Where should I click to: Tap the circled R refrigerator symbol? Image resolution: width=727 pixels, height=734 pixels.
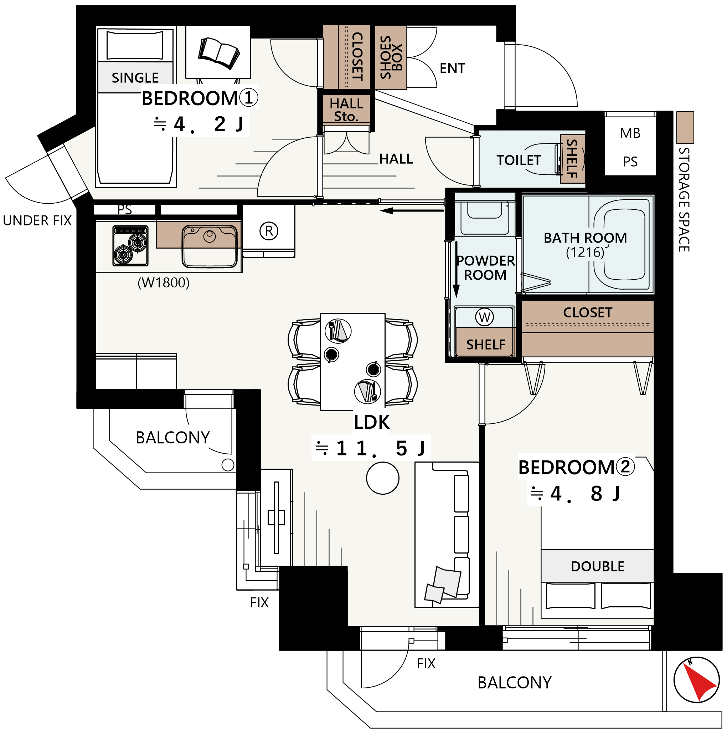click(x=269, y=231)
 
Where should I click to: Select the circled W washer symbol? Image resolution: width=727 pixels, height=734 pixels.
click(x=484, y=317)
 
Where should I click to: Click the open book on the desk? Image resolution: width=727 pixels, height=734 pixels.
click(x=219, y=53)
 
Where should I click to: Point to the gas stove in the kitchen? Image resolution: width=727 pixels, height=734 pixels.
click(x=130, y=246)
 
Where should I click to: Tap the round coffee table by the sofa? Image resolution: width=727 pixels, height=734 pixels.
click(x=383, y=478)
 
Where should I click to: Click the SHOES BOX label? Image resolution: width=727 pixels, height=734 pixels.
click(x=391, y=57)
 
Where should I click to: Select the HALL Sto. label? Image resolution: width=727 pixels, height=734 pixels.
click(x=346, y=110)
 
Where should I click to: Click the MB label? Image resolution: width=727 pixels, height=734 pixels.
click(x=630, y=133)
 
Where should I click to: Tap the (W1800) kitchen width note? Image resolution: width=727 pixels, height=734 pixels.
click(x=163, y=283)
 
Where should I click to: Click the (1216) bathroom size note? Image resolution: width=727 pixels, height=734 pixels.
click(x=585, y=252)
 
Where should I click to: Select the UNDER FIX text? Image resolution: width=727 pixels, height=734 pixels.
click(x=37, y=221)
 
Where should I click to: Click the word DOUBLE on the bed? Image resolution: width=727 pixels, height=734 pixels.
click(x=598, y=566)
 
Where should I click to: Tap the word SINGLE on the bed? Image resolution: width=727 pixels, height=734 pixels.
click(x=135, y=78)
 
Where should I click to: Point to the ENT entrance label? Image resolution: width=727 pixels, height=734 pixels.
click(x=452, y=68)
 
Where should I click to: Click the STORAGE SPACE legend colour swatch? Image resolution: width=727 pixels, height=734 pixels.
click(x=685, y=127)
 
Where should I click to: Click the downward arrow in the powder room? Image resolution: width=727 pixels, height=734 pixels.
click(x=456, y=270)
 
